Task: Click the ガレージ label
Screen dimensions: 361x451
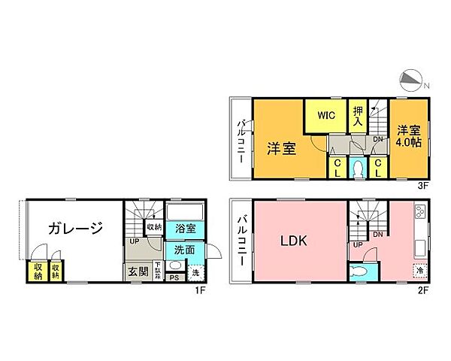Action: click(x=75, y=229)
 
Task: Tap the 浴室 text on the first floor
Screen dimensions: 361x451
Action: click(x=185, y=228)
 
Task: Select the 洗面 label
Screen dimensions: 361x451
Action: click(x=185, y=250)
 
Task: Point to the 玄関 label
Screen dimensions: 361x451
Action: click(x=137, y=271)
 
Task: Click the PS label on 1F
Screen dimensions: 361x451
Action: click(x=174, y=278)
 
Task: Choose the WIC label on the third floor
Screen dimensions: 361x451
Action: click(x=325, y=116)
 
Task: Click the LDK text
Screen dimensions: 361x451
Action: click(x=294, y=241)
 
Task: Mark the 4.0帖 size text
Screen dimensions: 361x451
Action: click(x=409, y=141)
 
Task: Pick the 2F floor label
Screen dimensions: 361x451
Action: click(x=423, y=290)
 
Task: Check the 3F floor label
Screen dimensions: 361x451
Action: click(x=423, y=184)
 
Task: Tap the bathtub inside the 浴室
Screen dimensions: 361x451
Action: click(x=185, y=211)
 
